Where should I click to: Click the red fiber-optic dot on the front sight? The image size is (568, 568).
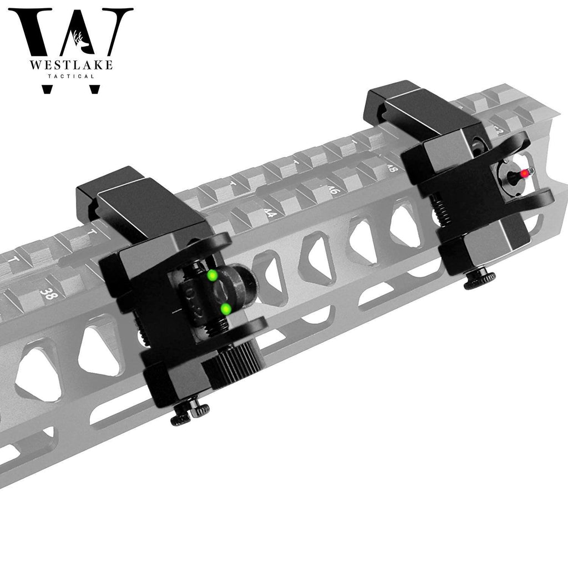pos(524,174)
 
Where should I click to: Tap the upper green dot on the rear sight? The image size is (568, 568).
pos(211,275)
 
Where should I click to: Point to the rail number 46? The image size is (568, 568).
pos(333,190)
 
